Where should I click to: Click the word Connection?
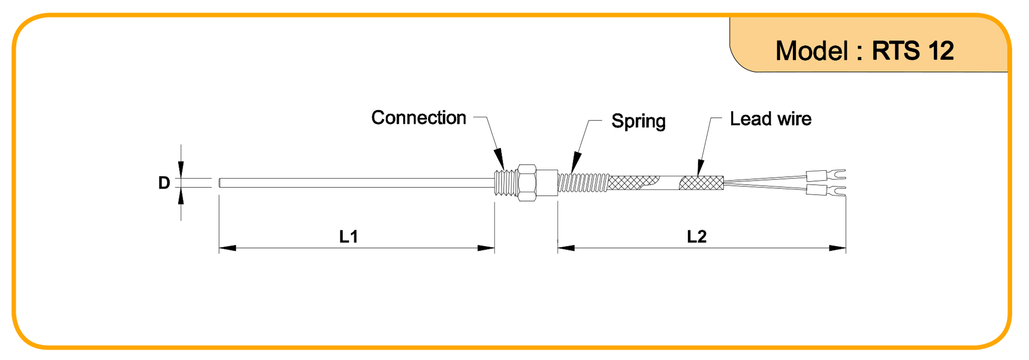click(x=419, y=118)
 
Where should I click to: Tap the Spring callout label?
click(x=638, y=121)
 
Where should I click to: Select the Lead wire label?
click(x=771, y=119)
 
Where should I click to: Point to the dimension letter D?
click(x=164, y=183)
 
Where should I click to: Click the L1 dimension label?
click(x=348, y=237)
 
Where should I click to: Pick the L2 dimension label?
click(x=697, y=237)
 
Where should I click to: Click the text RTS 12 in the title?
click(x=913, y=51)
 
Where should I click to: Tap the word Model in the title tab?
click(x=812, y=51)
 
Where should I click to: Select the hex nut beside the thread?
click(x=527, y=183)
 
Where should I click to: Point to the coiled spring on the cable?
click(x=583, y=183)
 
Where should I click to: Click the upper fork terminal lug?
click(x=826, y=175)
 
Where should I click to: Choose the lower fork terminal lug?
click(x=826, y=190)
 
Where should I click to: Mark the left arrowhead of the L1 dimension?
click(x=227, y=248)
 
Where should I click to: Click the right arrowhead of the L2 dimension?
click(x=838, y=248)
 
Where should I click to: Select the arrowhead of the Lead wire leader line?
click(x=700, y=168)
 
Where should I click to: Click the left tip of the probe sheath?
click(x=220, y=183)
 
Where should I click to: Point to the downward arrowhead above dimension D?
click(x=181, y=170)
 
